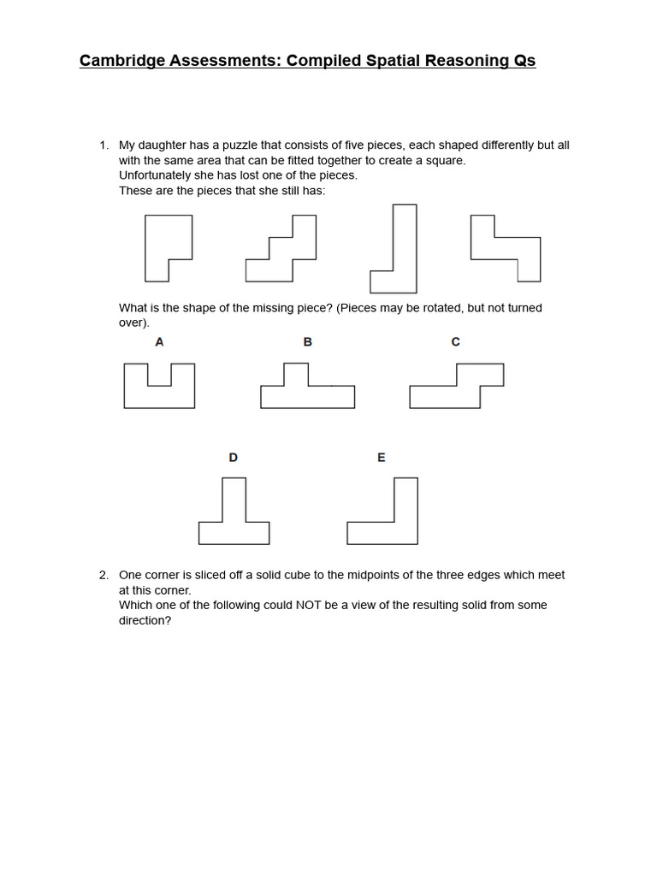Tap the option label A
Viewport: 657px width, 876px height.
(159, 342)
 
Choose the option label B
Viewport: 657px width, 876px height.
(308, 342)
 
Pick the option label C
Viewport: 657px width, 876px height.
(455, 342)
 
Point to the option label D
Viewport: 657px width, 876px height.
(234, 458)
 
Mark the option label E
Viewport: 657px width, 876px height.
(382, 458)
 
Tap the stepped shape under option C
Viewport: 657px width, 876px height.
(457, 388)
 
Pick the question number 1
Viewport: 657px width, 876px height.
(104, 145)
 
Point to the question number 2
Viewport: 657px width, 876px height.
(104, 575)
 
